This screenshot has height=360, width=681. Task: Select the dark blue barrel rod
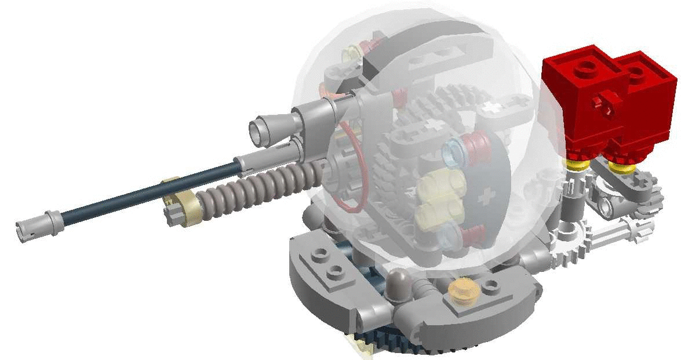pos(145,191)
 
